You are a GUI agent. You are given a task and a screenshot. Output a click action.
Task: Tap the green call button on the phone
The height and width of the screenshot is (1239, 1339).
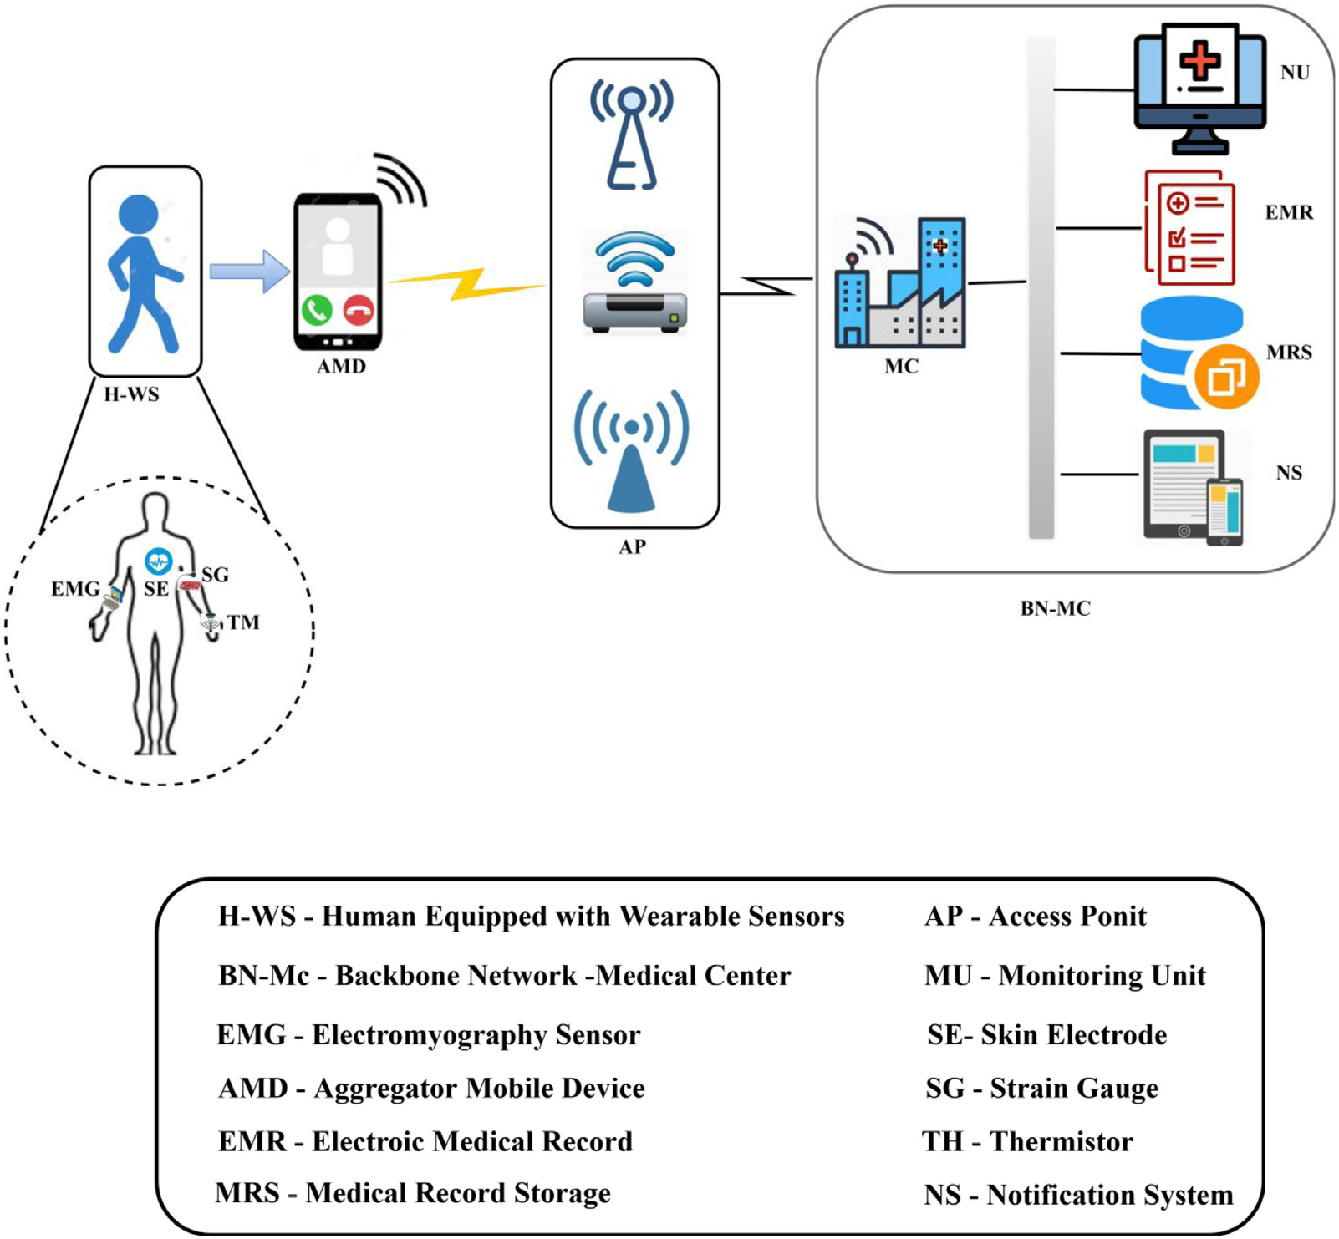[x=317, y=311]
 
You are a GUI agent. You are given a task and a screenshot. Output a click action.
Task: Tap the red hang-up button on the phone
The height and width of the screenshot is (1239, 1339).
[x=359, y=311]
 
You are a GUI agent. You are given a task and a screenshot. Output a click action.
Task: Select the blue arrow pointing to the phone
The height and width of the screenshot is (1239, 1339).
[x=249, y=272]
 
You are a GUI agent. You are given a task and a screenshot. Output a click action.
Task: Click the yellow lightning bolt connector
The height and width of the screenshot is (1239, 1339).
[x=466, y=283]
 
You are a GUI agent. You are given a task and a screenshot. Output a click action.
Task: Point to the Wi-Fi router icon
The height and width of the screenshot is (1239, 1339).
[x=635, y=284]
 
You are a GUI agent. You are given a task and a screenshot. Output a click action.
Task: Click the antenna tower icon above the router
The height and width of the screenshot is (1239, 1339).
[x=632, y=134]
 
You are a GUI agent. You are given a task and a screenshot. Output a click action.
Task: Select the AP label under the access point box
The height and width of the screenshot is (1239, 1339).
[x=632, y=547]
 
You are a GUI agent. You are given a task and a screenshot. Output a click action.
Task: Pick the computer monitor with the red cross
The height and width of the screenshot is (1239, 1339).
[x=1199, y=87]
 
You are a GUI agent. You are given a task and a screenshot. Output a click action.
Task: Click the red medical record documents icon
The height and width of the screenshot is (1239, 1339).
[x=1189, y=227]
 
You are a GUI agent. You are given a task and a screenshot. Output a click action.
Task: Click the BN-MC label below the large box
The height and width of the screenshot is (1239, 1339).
[x=1055, y=609]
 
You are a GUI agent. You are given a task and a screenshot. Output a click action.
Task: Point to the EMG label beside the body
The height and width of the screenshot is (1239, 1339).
[x=75, y=589]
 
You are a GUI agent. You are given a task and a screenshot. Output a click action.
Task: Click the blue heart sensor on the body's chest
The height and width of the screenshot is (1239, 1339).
[x=158, y=561]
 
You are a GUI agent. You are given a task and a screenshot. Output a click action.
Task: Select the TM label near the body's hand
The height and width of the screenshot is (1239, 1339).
[x=242, y=622]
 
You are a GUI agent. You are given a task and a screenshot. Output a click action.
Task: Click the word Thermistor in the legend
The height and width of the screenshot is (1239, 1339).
[x=1062, y=1141]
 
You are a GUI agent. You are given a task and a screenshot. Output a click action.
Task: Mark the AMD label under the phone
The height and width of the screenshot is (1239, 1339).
[x=341, y=367]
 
